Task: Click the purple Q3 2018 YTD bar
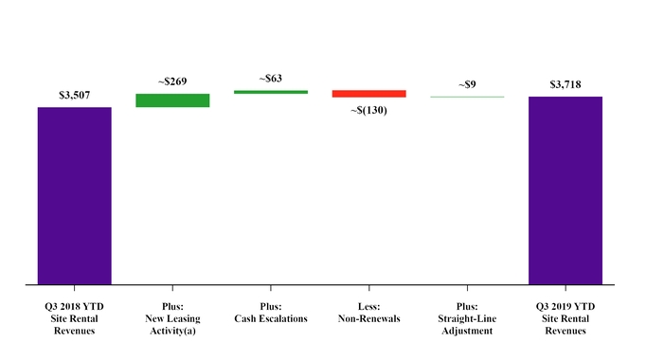point(75,195)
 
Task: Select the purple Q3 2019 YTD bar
point(565,189)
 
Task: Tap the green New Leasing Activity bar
point(172,99)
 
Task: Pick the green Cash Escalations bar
point(271,92)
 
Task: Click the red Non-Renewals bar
point(368,94)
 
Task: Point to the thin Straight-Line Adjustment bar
point(467,97)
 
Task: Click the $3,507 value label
point(75,95)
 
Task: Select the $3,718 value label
point(565,84)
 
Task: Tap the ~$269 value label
point(172,81)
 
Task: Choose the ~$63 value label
point(271,79)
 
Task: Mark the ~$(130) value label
point(368,110)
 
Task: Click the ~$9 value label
point(467,84)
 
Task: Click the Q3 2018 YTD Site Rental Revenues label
point(75,318)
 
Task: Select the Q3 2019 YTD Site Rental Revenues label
point(565,318)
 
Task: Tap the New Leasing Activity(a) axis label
point(172,318)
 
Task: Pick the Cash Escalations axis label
point(271,313)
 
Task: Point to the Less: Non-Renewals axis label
point(368,313)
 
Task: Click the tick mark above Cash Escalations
point(271,287)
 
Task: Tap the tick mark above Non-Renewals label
point(368,287)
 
